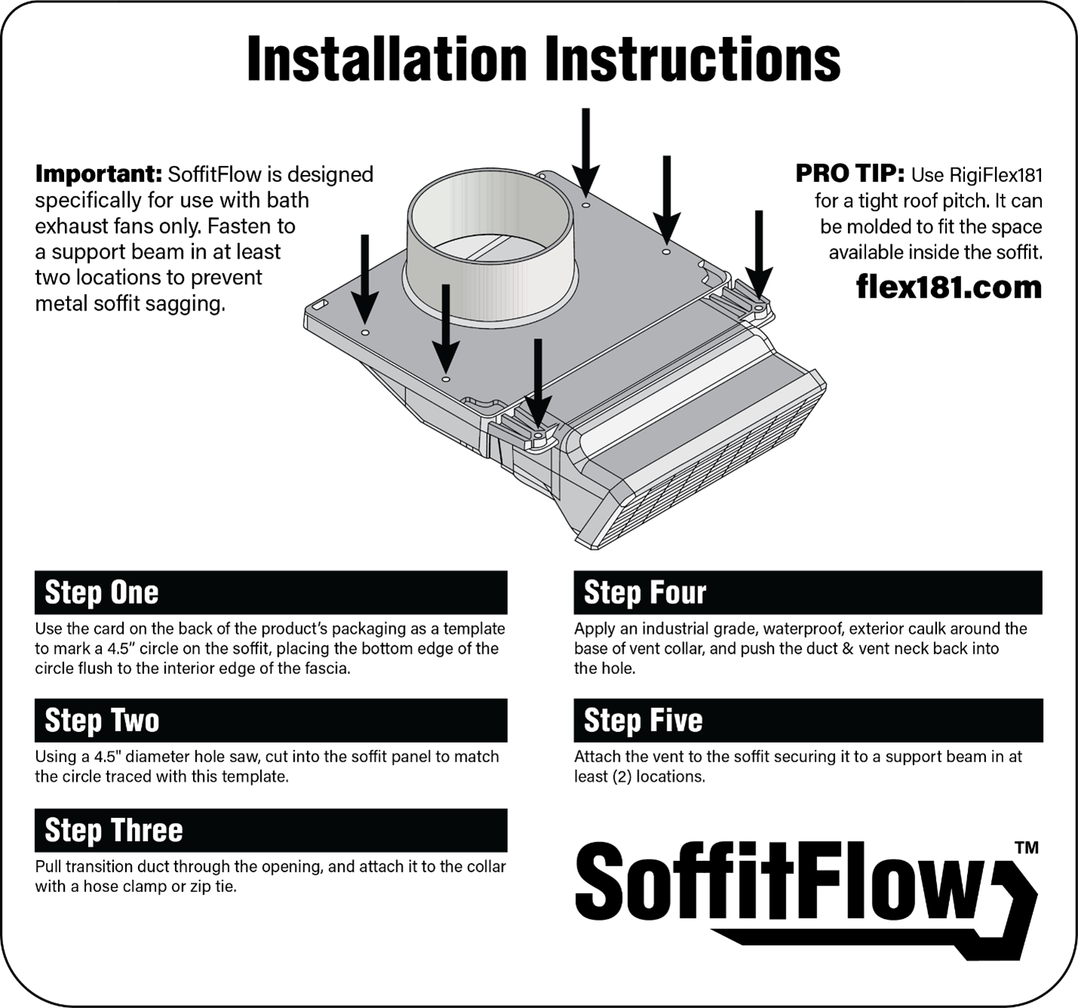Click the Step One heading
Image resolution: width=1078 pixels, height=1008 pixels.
(102, 593)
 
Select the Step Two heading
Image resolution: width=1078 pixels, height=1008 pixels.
(102, 721)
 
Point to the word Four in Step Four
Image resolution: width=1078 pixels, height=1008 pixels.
(675, 593)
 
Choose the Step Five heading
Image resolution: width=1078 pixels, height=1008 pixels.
(643, 721)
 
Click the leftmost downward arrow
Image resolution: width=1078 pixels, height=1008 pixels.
(365, 279)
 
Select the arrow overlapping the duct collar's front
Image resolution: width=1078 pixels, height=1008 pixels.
(446, 328)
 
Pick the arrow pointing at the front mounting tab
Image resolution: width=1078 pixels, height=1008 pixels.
(537, 381)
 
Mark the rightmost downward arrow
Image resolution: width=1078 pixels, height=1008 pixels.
(758, 253)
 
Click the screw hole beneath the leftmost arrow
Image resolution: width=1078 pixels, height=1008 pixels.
(365, 332)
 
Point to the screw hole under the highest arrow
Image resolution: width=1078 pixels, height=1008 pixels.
(586, 204)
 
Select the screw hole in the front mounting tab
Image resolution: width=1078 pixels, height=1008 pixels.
(537, 436)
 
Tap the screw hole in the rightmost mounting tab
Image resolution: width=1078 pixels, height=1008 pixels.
(758, 308)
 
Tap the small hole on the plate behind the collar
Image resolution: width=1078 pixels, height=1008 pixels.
(541, 174)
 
